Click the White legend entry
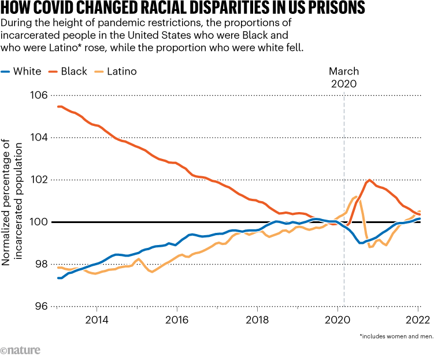point(28,72)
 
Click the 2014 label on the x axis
point(97,320)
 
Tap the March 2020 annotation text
point(344,77)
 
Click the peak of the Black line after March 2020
point(369,180)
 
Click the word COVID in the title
point(69,9)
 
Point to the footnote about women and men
point(395,335)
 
